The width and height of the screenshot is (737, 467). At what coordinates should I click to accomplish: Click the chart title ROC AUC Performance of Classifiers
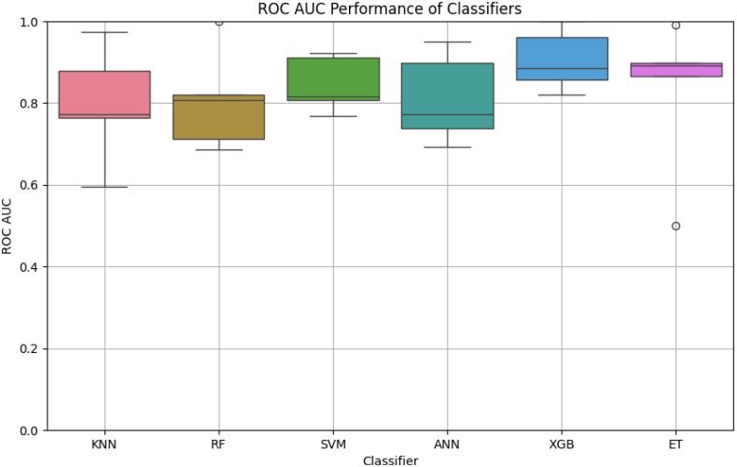(x=389, y=8)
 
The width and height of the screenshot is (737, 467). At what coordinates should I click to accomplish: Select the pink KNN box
(x=104, y=94)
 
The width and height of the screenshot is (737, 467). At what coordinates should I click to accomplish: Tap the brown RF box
(x=219, y=117)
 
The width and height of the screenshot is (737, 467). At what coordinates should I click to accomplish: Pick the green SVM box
(x=333, y=79)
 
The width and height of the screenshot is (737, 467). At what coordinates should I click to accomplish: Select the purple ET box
(x=676, y=70)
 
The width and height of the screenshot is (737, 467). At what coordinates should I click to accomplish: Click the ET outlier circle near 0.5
(x=676, y=226)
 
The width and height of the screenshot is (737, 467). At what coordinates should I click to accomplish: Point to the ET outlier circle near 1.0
(x=676, y=25)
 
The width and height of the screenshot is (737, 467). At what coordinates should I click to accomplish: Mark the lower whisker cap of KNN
(x=104, y=187)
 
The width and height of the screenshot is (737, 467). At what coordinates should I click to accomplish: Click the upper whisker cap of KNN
(x=104, y=32)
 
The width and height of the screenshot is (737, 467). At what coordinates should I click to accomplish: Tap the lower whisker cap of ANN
(x=448, y=147)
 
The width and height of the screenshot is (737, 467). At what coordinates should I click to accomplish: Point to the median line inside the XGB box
(x=562, y=68)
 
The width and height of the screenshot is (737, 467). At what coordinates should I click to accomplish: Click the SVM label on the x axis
(x=333, y=444)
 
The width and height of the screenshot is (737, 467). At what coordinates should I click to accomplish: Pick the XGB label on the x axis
(x=562, y=444)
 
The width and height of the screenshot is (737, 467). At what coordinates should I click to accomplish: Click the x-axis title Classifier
(x=389, y=460)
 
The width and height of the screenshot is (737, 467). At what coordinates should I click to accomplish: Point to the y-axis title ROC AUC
(x=8, y=225)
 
